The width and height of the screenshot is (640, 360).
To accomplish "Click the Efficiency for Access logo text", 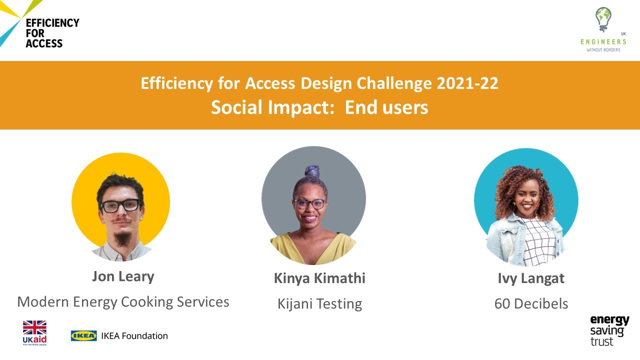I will [52, 33].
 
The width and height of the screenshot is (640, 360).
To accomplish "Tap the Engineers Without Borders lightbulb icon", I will [603, 19].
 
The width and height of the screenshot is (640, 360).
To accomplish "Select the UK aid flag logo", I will [34, 328].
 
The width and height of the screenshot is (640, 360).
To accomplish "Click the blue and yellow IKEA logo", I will [83, 335].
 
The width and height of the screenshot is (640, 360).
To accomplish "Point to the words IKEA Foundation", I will [134, 335].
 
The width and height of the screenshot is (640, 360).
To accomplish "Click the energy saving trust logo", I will [609, 330].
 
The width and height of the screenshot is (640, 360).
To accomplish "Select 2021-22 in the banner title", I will [467, 83].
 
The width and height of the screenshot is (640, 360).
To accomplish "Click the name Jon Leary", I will [123, 276].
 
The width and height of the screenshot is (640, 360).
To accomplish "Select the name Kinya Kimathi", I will [319, 278].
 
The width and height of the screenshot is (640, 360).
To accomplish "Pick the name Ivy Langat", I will [531, 278].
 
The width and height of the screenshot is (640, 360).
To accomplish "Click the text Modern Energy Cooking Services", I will [123, 301].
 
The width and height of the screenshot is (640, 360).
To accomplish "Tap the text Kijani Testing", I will [319, 303].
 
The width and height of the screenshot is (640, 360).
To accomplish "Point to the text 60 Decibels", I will [531, 303].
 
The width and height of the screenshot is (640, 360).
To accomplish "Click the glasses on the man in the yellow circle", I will [120, 205].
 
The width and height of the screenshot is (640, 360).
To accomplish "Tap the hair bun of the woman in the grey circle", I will [312, 171].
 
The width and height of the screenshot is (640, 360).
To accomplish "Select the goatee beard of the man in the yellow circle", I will [121, 238].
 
